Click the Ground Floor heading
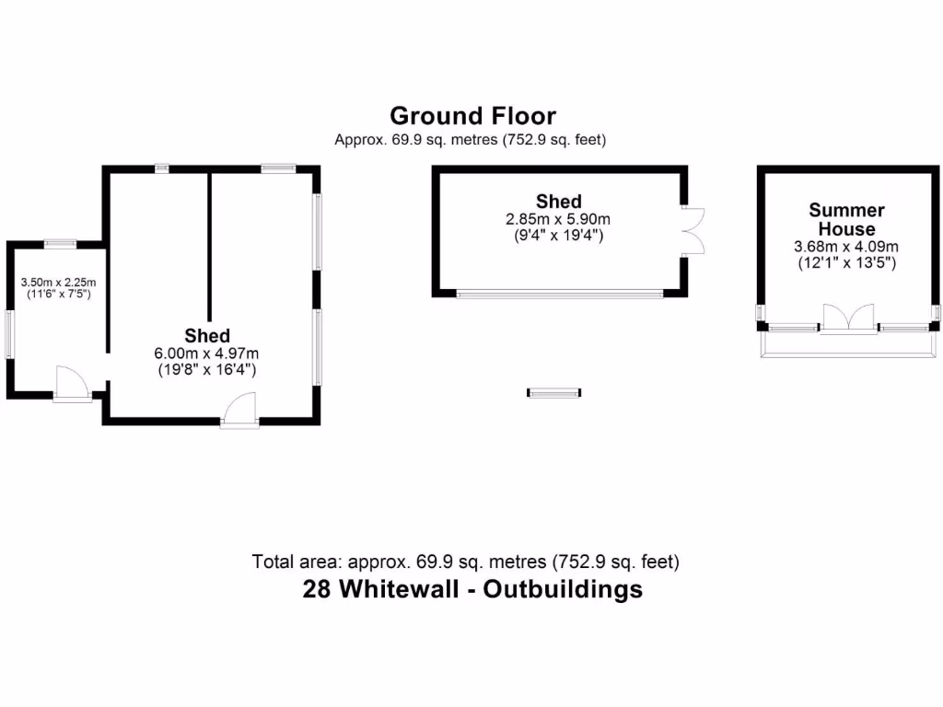(472, 116)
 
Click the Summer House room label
(846, 219)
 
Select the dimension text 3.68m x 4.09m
(846, 247)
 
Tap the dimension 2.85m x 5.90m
(558, 219)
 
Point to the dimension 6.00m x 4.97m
(206, 353)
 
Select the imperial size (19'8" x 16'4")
(206, 370)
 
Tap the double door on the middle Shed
(693, 230)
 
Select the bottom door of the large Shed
(240, 410)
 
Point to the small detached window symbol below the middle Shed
(554, 392)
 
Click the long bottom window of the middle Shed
(560, 294)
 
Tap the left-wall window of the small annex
(9, 333)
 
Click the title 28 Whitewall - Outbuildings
(472, 589)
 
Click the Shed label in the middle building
(558, 201)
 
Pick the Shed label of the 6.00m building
(206, 335)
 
